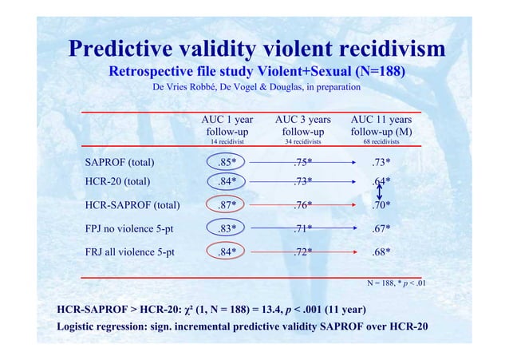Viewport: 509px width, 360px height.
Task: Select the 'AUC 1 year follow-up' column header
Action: coord(227,125)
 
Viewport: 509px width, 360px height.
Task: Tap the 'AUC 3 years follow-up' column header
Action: coord(302,125)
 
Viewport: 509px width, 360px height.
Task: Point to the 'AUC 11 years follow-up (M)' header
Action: coord(381,125)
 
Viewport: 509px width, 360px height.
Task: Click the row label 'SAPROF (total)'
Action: coord(120,164)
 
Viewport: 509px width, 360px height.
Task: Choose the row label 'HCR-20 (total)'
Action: coord(117,181)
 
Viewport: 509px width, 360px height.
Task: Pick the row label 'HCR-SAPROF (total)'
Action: coord(132,205)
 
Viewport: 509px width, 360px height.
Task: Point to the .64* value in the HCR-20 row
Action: coord(381,181)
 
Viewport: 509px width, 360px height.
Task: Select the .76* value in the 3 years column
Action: coord(302,205)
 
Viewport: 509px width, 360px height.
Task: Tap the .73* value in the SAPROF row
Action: coord(381,164)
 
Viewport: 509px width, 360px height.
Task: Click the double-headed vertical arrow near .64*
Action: coord(381,192)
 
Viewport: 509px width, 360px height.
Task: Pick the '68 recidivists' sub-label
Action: coord(381,141)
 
